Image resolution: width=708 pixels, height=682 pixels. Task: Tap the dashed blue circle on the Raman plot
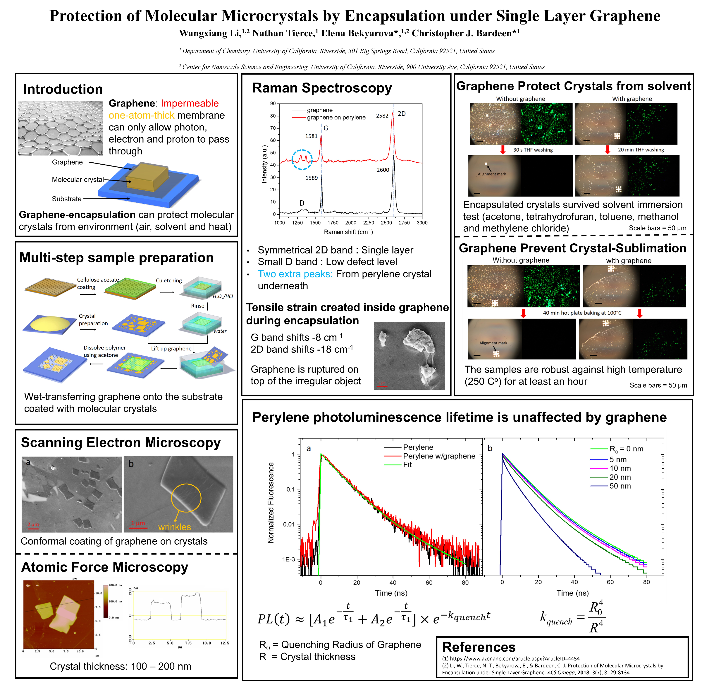tap(302, 159)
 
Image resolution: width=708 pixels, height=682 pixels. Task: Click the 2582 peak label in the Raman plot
tap(382, 116)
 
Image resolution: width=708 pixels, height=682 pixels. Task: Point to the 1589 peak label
tap(311, 178)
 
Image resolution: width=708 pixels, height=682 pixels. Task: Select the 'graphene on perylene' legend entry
tap(336, 117)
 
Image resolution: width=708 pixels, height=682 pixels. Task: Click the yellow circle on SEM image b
tap(186, 498)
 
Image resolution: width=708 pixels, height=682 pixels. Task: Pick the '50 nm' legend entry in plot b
tap(620, 486)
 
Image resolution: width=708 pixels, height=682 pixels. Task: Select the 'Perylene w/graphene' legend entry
tap(439, 456)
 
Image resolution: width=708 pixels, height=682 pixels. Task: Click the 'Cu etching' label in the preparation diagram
tap(169, 280)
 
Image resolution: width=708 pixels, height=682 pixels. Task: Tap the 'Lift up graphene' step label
tap(171, 348)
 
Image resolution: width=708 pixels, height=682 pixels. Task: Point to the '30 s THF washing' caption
tap(533, 150)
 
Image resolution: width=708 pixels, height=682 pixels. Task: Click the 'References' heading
tap(479, 647)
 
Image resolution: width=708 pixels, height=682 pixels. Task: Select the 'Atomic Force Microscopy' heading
tap(105, 567)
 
